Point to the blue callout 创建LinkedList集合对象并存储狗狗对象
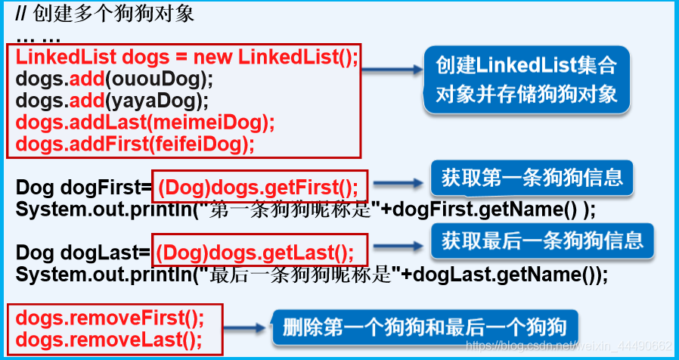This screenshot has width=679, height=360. [526, 79]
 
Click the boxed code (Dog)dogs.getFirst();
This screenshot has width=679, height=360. [260, 186]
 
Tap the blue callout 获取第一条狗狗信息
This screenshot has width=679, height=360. [532, 178]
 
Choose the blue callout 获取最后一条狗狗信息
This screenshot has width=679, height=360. [542, 241]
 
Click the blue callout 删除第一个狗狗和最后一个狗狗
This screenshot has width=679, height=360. [424, 327]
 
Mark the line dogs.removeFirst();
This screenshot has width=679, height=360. [110, 315]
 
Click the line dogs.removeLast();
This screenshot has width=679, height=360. [109, 338]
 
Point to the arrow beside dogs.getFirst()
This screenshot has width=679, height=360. [398, 182]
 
